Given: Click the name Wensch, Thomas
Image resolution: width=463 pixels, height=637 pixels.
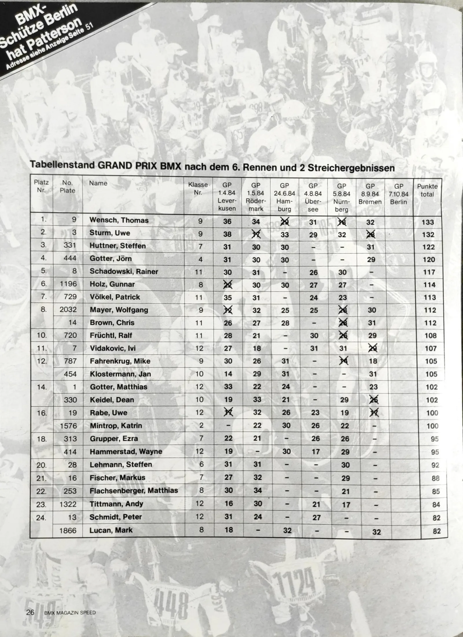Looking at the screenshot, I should point(119,220).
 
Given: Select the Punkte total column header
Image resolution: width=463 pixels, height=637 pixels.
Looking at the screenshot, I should point(427,190).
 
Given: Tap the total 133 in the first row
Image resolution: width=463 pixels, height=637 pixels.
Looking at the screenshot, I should point(427,222).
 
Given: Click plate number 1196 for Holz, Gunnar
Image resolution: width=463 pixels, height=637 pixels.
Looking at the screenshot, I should point(68,284).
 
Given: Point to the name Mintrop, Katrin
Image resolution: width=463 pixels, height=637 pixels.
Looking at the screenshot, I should point(116,426).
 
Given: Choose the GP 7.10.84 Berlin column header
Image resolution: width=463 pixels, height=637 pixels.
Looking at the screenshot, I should point(398,194).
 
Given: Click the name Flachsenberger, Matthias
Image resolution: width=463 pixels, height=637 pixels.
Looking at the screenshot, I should point(134,491).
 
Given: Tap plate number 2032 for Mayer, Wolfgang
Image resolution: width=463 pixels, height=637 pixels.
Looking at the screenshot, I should point(68,310).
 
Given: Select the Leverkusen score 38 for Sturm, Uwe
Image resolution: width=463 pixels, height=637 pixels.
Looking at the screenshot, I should point(227,234).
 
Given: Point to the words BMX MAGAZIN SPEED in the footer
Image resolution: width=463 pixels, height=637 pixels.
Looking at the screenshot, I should point(70,613).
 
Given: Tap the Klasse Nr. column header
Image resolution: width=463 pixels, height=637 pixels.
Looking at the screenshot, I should point(198,188).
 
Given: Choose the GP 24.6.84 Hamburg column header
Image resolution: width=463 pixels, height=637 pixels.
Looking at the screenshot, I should point(284,197).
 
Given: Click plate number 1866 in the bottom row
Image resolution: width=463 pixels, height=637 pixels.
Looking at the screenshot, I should point(68,530).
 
